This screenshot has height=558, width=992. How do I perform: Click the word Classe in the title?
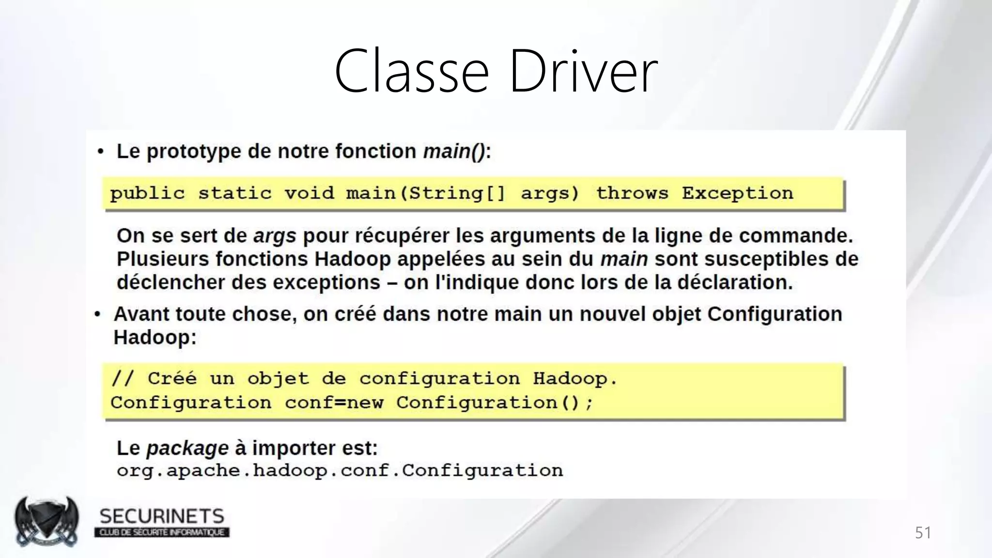pos(411,72)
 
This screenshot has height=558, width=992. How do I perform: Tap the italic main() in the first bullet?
pos(454,152)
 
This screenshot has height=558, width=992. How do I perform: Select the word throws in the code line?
pos(632,193)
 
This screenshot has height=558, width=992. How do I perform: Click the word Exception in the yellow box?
pos(737,193)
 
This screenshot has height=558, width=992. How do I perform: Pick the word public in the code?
pos(147,194)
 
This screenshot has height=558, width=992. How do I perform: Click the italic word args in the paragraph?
pos(275,236)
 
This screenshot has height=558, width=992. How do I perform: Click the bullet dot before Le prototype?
pos(100,152)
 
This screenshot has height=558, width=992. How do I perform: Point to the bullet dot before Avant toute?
pos(98,315)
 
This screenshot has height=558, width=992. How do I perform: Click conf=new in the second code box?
pos(334,403)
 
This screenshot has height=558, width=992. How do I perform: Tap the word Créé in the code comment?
pos(172,378)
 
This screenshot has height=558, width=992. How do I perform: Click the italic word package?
pos(187,449)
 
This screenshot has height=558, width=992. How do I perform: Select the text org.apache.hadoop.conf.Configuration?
pos(340,471)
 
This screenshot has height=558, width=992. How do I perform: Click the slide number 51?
pos(923,533)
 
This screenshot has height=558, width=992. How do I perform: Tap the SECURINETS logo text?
pos(162,516)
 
